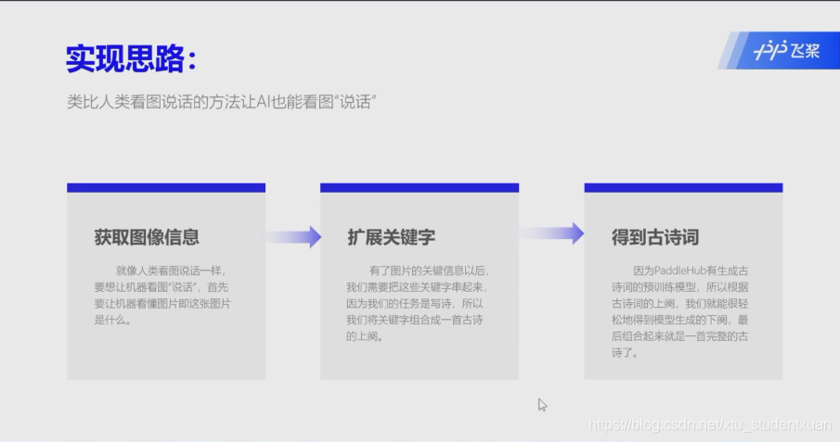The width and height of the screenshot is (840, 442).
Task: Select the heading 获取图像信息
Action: point(147,237)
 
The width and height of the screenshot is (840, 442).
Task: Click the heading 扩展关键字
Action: point(391,237)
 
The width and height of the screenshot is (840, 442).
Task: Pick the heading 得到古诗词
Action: point(654,237)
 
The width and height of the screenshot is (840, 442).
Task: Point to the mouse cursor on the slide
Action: point(542,404)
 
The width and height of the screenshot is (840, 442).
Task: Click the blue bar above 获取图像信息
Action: point(166,187)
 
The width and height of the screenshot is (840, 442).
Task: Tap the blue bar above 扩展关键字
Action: point(420,187)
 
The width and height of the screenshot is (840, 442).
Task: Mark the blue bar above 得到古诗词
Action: point(683,187)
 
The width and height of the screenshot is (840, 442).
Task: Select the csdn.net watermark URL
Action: point(711,424)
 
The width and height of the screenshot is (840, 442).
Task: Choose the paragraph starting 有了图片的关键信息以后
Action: point(417,303)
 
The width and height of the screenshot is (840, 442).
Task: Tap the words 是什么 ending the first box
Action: point(112,321)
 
